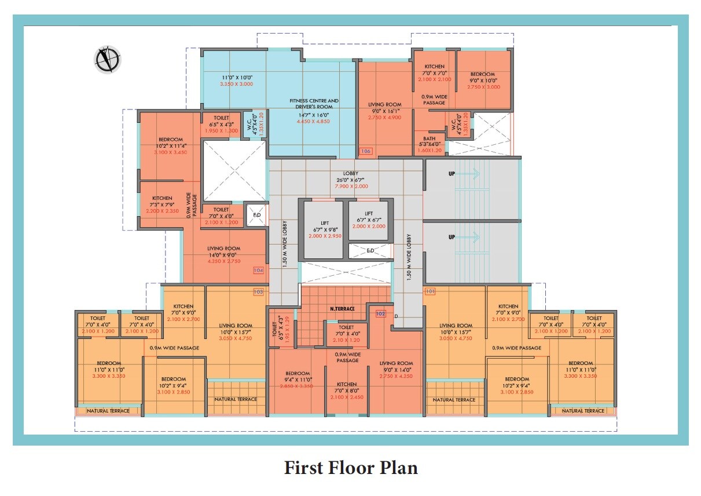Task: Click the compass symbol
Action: pos(107,59)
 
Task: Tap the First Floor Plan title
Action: pos(351,468)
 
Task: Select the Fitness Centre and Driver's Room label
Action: pos(314,104)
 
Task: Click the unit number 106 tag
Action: pos(365,151)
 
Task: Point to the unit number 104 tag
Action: pos(258,270)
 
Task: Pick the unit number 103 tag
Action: pos(258,291)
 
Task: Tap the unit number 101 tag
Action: pos(430,291)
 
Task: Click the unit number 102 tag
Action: pos(380,313)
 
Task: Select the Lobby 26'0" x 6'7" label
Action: pos(351,177)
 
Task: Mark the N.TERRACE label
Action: pos(342,309)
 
